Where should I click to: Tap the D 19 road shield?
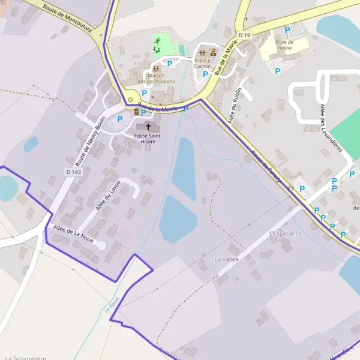pos(244,36)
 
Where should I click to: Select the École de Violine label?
pos(284,45)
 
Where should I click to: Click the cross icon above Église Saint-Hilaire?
pos(148,127)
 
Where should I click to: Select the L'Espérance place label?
pos(286,233)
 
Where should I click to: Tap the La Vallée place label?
pos(226,259)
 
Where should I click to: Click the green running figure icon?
pos(157,41)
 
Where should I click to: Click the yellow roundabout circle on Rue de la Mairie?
pos(130,100)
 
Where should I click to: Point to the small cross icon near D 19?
pos(247,19)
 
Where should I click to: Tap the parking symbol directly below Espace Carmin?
pos(205,74)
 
